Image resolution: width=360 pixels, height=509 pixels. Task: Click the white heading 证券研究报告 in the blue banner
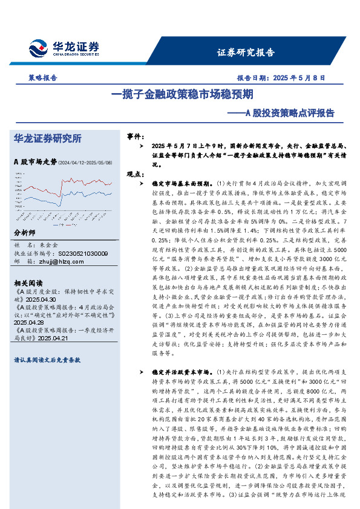[245, 53]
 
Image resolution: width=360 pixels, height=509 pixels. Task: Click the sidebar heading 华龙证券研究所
[47, 138]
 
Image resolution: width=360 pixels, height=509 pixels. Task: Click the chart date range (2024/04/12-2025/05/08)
[85, 163]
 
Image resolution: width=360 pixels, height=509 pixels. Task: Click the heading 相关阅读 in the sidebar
[27, 283]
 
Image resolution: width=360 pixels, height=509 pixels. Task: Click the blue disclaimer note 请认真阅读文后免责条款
[47, 359]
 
